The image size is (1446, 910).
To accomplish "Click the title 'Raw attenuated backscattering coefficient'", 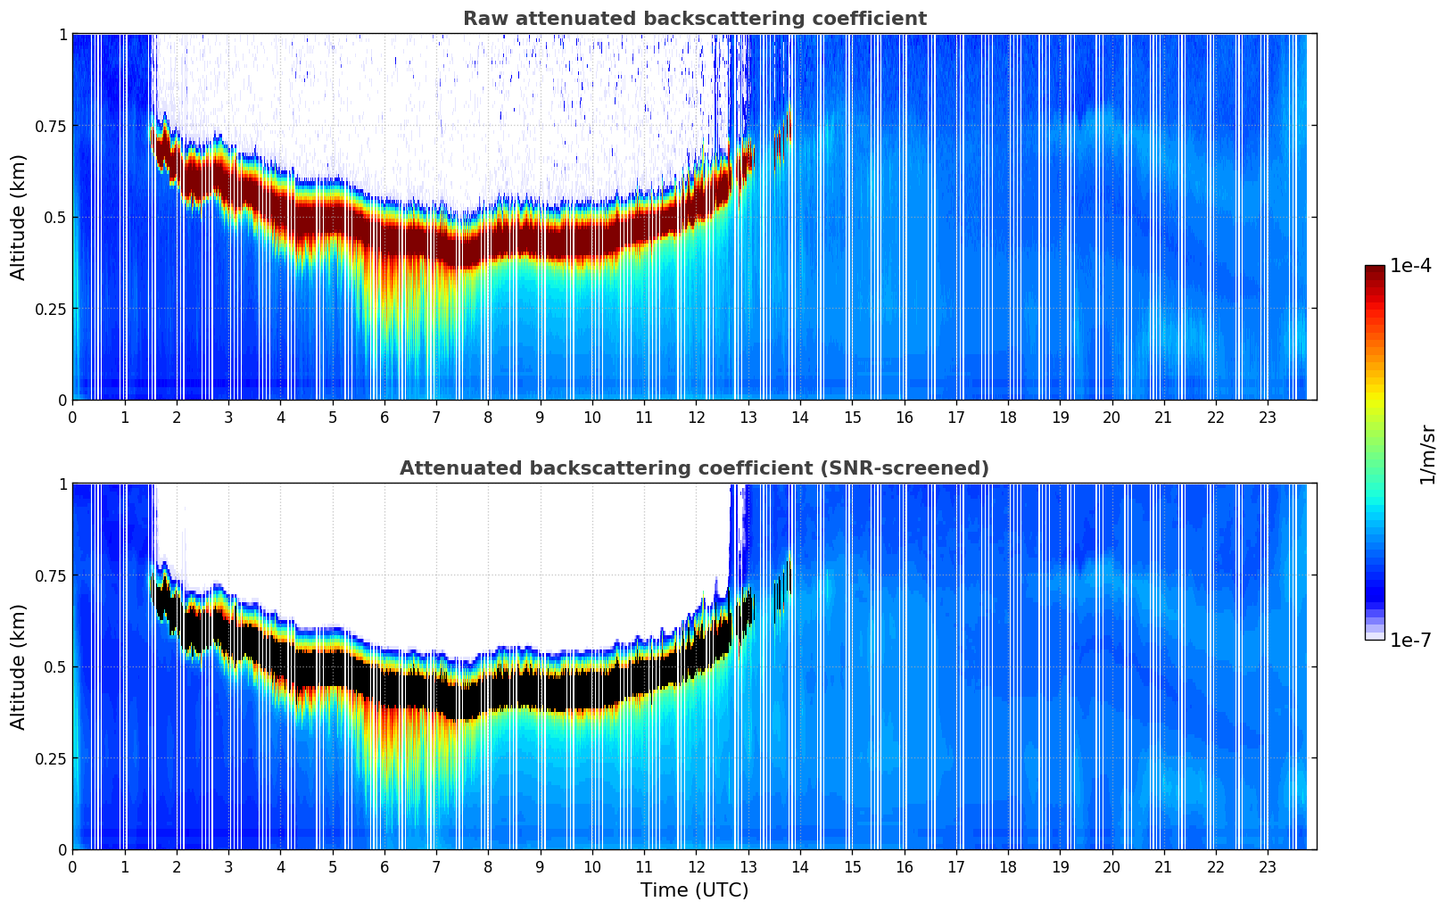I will (x=694, y=19).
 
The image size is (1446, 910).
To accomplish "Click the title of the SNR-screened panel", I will (x=694, y=468).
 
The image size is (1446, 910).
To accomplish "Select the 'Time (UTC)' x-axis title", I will (x=694, y=890).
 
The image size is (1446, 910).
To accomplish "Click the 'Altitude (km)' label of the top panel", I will (x=19, y=217).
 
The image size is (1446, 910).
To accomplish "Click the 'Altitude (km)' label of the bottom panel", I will (x=19, y=666).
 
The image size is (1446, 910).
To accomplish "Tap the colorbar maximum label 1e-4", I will (x=1410, y=266).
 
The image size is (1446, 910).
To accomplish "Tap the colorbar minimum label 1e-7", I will (x=1410, y=640).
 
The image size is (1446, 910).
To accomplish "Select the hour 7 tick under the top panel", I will (x=436, y=417).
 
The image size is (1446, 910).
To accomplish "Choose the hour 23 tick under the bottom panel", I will (x=1268, y=866).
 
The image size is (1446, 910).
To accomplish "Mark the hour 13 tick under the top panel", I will (x=748, y=417).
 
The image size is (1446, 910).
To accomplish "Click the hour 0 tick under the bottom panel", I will (x=72, y=866).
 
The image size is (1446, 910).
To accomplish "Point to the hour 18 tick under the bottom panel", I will (x=1008, y=866).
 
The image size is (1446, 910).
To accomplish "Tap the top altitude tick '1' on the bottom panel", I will (x=62, y=484).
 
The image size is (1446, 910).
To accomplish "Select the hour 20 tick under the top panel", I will (x=1111, y=417).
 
